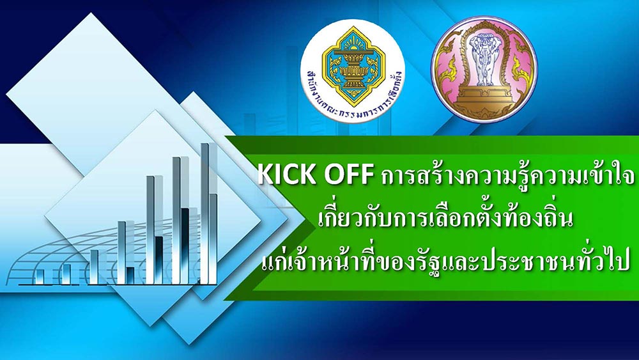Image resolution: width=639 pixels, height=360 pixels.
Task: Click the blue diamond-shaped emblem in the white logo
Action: [353, 66]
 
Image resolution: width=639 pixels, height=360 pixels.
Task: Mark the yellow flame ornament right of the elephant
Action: [521, 65]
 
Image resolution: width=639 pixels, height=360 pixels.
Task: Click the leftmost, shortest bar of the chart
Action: [40, 276]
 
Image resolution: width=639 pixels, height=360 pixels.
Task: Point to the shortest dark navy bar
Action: [130, 275]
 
